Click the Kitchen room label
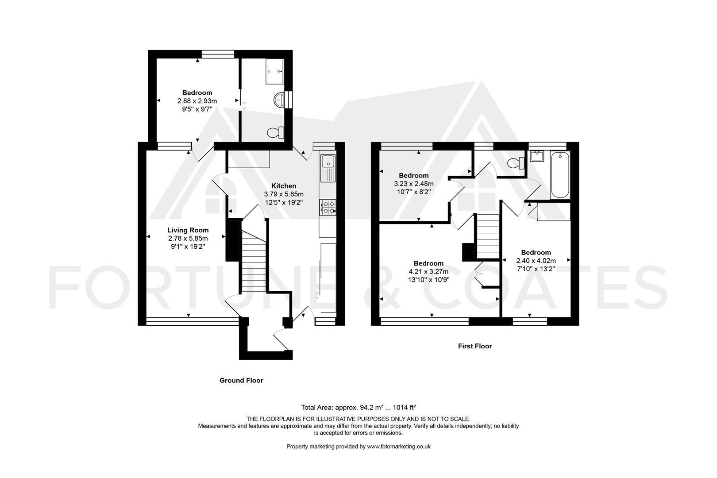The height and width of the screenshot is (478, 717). click(x=284, y=186)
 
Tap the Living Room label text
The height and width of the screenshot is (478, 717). click(x=188, y=230)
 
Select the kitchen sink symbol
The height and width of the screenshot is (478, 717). click(x=328, y=168)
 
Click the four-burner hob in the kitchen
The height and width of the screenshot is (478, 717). click(x=328, y=207)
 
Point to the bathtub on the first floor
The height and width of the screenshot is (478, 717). click(x=560, y=175)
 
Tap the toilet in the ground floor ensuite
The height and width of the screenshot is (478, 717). click(x=276, y=132)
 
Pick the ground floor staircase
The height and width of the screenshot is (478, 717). click(x=253, y=263)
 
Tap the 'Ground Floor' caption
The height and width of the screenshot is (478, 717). click(x=241, y=380)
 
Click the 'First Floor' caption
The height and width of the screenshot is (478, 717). click(x=475, y=346)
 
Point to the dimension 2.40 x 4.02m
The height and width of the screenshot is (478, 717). click(x=536, y=261)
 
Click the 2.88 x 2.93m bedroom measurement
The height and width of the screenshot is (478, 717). click(x=197, y=101)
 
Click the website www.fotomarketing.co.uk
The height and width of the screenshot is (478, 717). click(x=399, y=447)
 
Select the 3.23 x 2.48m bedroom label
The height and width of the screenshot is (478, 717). click(x=414, y=184)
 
